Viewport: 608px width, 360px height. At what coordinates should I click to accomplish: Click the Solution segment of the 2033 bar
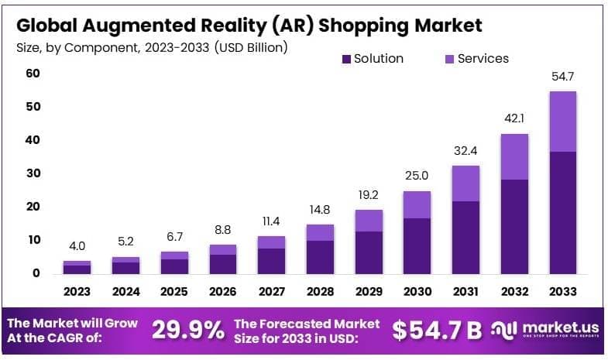coord(562,212)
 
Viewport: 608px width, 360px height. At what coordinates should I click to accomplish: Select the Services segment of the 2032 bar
coord(514,157)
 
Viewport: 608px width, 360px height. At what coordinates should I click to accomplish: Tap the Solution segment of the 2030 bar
coord(417,245)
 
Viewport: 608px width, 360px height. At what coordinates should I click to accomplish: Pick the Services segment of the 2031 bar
coord(465,183)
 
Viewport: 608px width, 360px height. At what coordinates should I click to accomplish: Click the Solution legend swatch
coord(346,59)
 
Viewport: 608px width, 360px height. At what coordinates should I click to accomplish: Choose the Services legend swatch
coord(449,59)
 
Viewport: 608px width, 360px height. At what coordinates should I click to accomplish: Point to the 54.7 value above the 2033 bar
coord(562,77)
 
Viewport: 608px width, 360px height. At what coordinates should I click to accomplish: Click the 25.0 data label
coord(417,177)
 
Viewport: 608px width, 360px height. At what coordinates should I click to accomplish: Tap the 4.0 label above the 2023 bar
coord(77,247)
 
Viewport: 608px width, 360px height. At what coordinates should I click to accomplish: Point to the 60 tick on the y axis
coord(33,74)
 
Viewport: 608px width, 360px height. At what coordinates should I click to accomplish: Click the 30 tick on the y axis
coord(33,173)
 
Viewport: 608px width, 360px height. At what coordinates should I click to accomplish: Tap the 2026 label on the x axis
coord(223,292)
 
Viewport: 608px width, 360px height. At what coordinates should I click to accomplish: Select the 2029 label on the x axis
coord(369,292)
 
